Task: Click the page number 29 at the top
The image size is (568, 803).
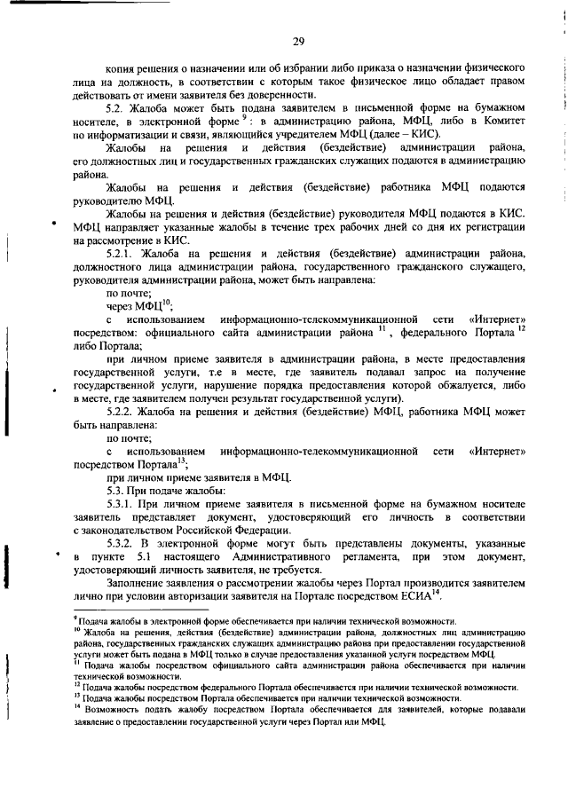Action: click(299, 41)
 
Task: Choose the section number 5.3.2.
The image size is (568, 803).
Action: click(120, 544)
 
